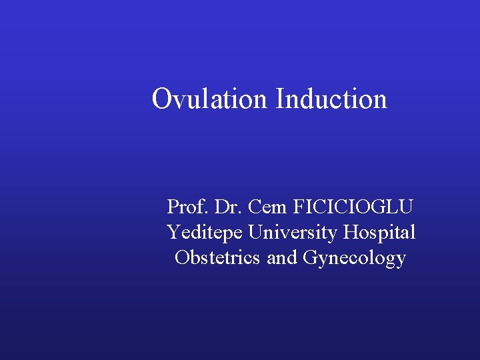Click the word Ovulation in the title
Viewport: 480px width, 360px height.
click(209, 99)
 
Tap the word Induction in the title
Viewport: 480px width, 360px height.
click(331, 99)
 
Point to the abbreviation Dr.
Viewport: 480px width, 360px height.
click(229, 207)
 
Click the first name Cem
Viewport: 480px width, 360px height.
click(267, 207)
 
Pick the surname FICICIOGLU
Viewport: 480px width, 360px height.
click(355, 207)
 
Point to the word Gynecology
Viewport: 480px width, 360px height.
click(354, 258)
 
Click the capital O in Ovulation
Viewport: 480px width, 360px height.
click(161, 99)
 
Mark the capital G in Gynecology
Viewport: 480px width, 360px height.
click(310, 257)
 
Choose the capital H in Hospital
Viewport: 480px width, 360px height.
click(351, 232)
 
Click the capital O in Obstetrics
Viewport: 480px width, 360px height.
click(181, 257)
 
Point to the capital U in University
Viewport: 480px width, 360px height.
click(255, 232)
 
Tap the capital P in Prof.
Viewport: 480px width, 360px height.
click(172, 207)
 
